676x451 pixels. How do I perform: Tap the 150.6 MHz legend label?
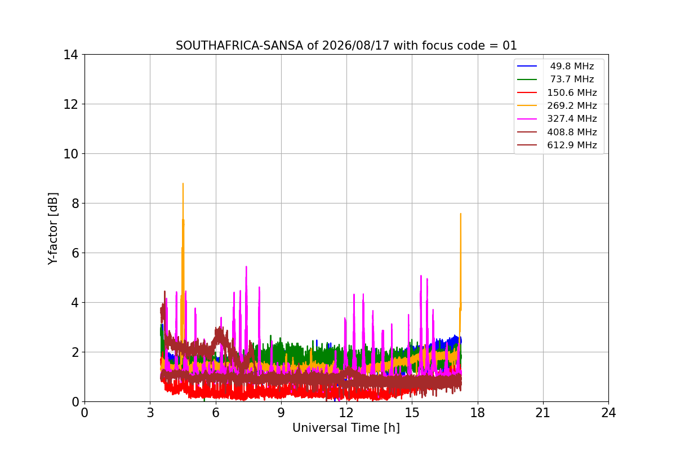572,92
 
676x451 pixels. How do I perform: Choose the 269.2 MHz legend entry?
557,105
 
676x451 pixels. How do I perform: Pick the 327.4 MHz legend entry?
557,119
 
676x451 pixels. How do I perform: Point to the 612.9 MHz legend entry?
557,145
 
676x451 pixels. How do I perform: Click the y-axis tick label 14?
70,55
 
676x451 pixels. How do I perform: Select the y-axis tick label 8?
75,204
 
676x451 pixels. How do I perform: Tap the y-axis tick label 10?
70,154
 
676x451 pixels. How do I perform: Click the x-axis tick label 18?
478,413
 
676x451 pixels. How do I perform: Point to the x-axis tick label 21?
543,413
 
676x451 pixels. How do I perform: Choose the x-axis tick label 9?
281,413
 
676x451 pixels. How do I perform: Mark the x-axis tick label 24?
608,413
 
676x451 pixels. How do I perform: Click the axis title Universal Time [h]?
346,428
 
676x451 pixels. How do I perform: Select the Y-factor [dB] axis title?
52,229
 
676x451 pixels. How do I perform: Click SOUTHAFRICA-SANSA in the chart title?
239,46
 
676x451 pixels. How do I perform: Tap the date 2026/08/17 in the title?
356,46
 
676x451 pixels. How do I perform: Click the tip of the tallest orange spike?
183,183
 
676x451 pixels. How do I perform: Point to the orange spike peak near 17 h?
461,214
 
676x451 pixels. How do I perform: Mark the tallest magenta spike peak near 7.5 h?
246,267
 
